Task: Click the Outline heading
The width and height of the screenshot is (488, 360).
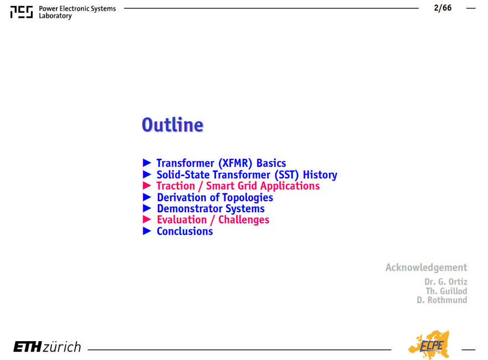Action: [x=172, y=125]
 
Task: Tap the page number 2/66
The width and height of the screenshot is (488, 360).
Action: [x=443, y=8]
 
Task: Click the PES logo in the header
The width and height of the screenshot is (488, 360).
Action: [x=22, y=12]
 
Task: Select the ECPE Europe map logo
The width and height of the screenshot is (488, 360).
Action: [x=429, y=344]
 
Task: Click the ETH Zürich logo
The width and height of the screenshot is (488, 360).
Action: [x=47, y=347]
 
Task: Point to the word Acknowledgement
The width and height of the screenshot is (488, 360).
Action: [x=426, y=268]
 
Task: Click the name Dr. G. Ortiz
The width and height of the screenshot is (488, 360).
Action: [x=446, y=281]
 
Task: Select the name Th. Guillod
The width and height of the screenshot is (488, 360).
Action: [x=446, y=291]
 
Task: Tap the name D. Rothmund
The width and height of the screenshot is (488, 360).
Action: [x=442, y=300]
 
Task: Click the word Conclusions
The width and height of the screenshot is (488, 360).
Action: [x=185, y=231]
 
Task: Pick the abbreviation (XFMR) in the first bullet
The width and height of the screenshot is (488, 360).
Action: [x=235, y=163]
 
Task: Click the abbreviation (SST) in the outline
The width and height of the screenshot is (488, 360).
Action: [x=286, y=174]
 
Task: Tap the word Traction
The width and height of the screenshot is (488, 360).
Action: [x=176, y=186]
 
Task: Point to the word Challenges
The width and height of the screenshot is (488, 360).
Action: [x=244, y=220]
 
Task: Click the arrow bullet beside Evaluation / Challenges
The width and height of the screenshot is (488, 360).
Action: [x=147, y=219]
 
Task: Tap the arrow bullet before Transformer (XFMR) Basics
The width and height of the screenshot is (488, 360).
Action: [x=147, y=162]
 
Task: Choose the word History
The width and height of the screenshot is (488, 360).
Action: [x=320, y=174]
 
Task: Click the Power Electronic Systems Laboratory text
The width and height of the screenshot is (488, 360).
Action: [x=77, y=12]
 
